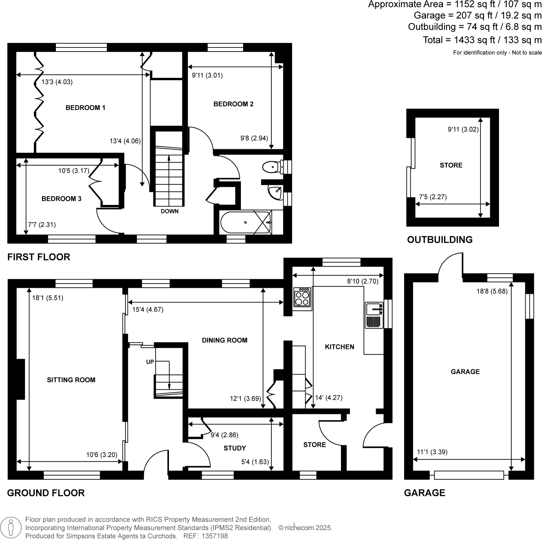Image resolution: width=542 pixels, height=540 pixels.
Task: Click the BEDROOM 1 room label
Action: coord(85,108)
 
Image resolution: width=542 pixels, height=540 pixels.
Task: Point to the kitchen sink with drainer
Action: coord(374,315)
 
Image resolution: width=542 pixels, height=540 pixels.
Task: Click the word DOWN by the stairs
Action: coord(170,211)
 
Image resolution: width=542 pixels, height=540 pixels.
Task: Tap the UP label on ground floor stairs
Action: coord(150,362)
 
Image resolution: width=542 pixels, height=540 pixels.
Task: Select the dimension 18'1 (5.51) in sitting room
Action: coord(47,298)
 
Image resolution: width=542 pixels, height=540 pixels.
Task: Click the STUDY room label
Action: coord(235,448)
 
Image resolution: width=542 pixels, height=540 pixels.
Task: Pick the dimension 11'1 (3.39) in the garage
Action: coord(432,452)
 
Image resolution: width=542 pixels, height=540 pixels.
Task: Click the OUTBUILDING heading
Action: coord(440,240)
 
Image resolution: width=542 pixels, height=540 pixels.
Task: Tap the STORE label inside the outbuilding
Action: coord(451,165)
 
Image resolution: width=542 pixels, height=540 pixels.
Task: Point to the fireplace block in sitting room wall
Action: coord(21,379)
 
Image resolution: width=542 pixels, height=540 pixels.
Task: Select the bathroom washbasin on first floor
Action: coord(275,192)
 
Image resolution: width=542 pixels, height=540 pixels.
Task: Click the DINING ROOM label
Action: coord(225,340)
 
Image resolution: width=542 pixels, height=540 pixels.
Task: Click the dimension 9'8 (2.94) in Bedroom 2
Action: coord(254,138)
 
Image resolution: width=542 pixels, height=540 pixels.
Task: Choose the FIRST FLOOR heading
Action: coord(39,257)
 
